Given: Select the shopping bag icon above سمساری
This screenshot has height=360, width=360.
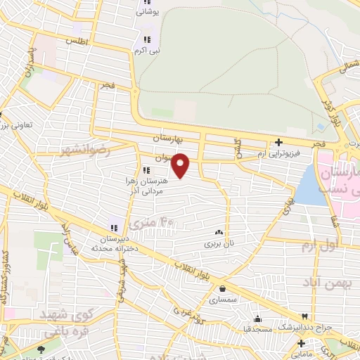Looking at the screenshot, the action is click(222, 288).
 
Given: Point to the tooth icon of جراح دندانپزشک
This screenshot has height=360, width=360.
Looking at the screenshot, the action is click(304, 317).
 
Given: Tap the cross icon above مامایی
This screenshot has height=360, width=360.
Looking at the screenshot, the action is click(301, 343).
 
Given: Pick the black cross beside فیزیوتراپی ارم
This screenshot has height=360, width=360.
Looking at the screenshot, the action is click(279, 142).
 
